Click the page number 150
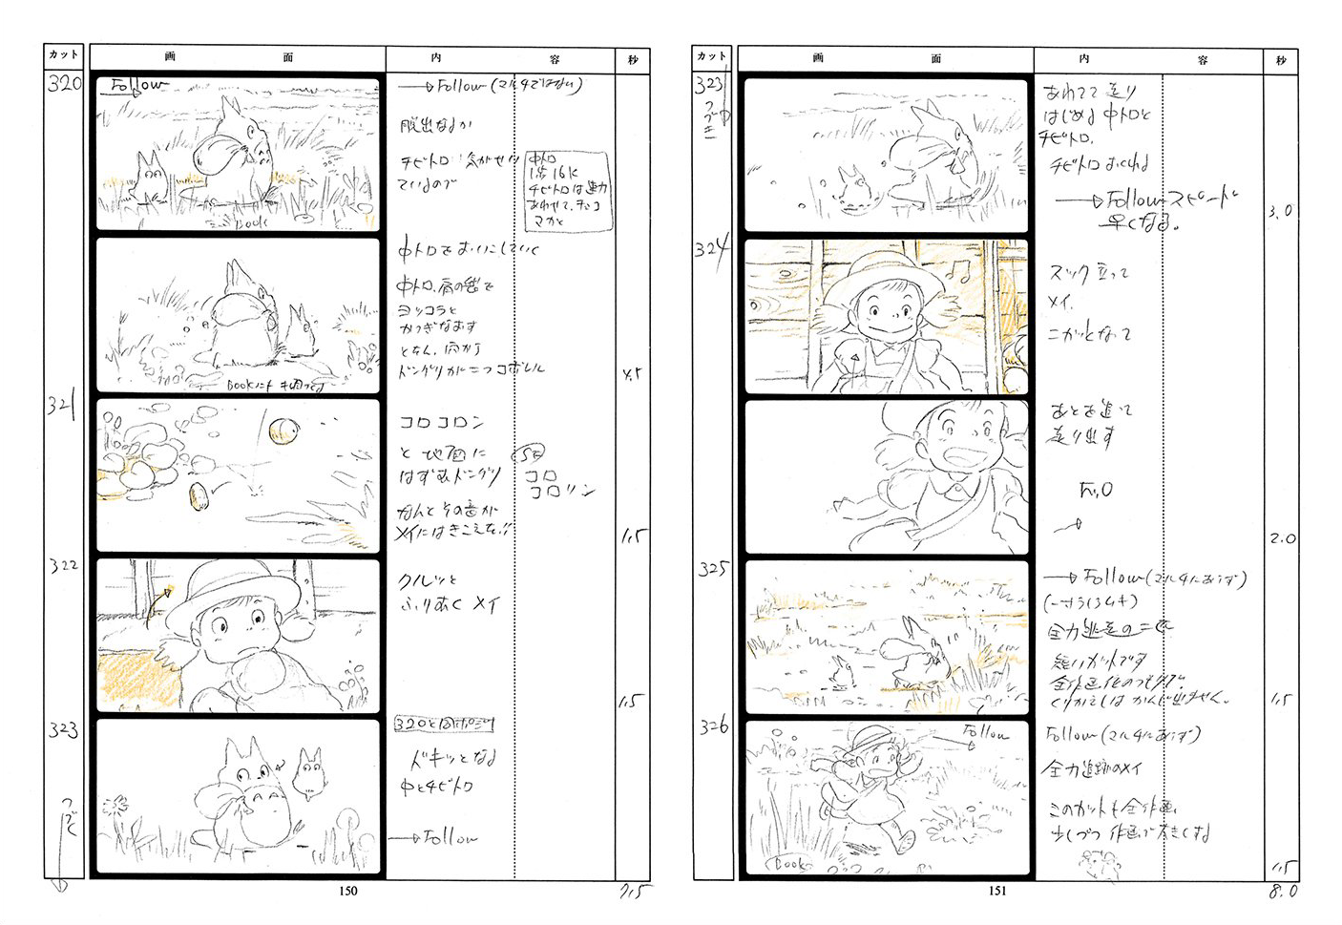pos(348,891)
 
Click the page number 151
pos(996,891)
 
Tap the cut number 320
pos(65,83)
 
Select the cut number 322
pos(64,565)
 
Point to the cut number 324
pos(711,250)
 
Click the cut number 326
pos(712,726)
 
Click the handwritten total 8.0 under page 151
pos(1282,892)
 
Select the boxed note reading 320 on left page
pos(444,725)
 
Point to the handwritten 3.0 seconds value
pos(1280,211)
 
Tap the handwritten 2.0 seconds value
pos(1282,538)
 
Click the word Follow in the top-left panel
pos(137,87)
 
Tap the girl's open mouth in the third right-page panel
pos(950,451)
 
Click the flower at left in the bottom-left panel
pos(115,805)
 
